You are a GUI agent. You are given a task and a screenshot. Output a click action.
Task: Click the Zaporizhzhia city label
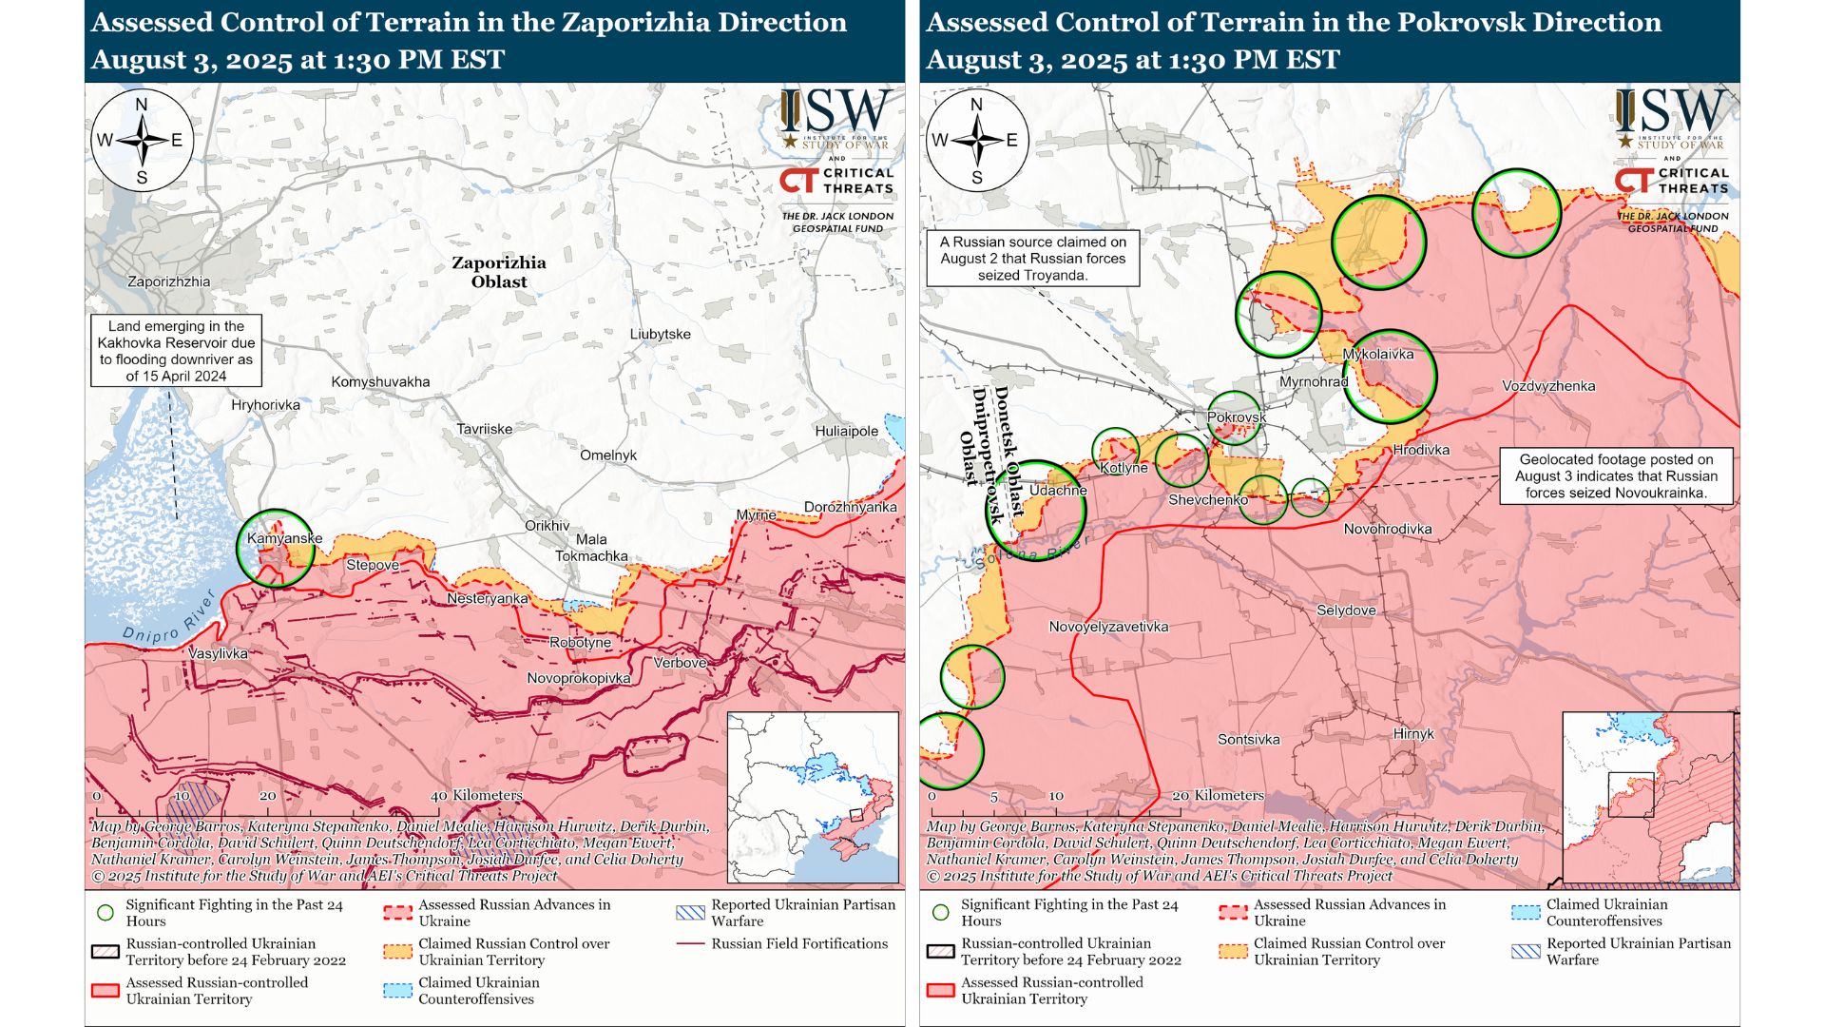click(x=169, y=281)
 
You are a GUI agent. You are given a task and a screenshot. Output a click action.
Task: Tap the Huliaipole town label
click(x=846, y=431)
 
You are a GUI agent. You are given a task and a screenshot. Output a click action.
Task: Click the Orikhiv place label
click(x=547, y=526)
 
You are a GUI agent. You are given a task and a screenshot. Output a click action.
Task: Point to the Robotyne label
click(x=580, y=643)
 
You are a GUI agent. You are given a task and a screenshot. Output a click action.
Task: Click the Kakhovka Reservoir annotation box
click(x=176, y=351)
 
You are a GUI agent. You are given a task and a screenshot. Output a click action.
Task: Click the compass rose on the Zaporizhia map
click(x=143, y=141)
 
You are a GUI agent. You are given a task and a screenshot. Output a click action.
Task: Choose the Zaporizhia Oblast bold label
click(x=498, y=272)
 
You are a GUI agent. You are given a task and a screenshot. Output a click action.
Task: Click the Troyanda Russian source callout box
click(x=1032, y=259)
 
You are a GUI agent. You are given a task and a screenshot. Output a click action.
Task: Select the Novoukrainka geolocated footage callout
click(x=1615, y=476)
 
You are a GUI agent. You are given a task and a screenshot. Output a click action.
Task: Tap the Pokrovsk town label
click(x=1236, y=417)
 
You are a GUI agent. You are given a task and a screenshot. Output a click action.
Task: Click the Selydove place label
click(x=1345, y=610)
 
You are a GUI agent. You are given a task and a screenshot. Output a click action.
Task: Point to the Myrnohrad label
click(x=1313, y=382)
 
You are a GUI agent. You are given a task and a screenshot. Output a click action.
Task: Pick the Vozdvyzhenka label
click(x=1548, y=386)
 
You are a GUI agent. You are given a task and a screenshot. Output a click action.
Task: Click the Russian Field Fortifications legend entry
click(x=798, y=944)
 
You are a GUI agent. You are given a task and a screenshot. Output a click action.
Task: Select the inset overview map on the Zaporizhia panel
click(x=813, y=797)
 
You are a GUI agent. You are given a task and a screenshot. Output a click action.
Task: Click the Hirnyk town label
click(x=1412, y=734)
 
